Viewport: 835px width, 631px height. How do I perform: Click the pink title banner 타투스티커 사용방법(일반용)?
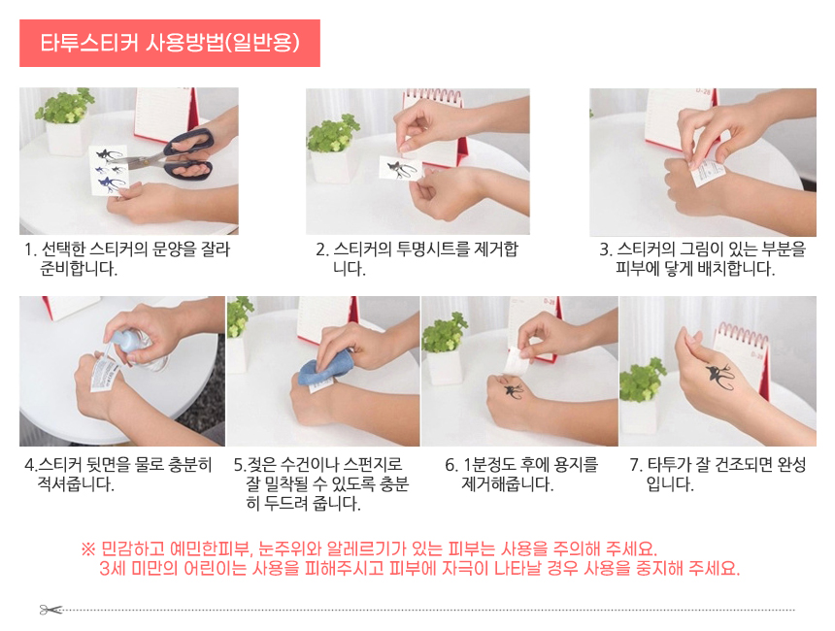click(x=169, y=43)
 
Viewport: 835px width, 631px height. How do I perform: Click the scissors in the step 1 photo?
click(x=172, y=154)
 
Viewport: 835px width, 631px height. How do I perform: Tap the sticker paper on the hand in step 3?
click(x=709, y=174)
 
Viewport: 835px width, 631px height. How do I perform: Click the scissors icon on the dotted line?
click(x=50, y=610)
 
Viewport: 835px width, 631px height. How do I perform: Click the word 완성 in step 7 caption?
click(x=791, y=464)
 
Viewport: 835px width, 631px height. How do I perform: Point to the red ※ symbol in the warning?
click(x=88, y=548)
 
